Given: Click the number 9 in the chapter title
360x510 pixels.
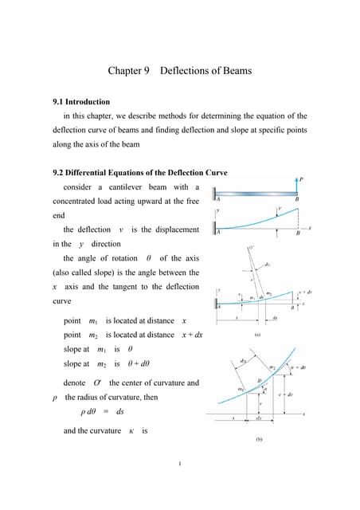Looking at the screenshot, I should tap(147, 71).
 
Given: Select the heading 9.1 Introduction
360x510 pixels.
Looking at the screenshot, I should tap(81, 102).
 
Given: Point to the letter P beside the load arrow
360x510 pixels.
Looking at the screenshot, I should tap(300, 179).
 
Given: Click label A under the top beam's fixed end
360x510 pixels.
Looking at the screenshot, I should tap(219, 199).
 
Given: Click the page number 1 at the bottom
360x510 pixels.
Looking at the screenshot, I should tap(180, 465).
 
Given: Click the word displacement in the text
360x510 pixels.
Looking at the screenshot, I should tap(172, 229).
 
